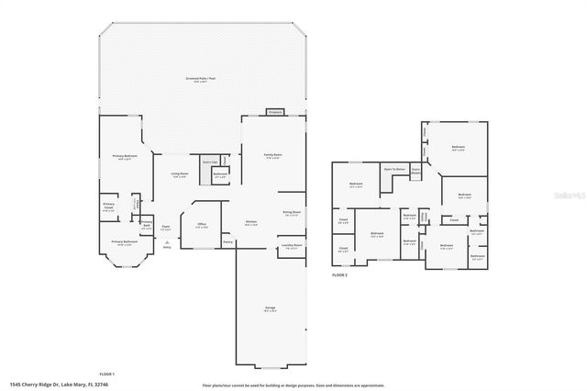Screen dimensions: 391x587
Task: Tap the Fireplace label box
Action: tap(273, 111)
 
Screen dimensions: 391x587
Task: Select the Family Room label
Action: tap(272, 156)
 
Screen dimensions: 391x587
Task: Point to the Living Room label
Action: tap(179, 174)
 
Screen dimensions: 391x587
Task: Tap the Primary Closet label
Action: tap(108, 206)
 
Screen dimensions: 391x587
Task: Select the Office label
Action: tap(201, 224)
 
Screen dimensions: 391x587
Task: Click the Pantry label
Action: tap(227, 242)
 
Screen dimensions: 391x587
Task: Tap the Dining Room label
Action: tap(292, 213)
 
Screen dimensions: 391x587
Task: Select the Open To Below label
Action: tap(394, 170)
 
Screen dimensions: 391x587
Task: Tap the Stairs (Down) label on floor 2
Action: tap(415, 171)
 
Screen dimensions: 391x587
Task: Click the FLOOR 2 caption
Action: tap(340, 274)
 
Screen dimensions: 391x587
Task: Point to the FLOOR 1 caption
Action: tap(106, 374)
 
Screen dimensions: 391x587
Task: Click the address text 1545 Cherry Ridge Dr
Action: tap(37, 384)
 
